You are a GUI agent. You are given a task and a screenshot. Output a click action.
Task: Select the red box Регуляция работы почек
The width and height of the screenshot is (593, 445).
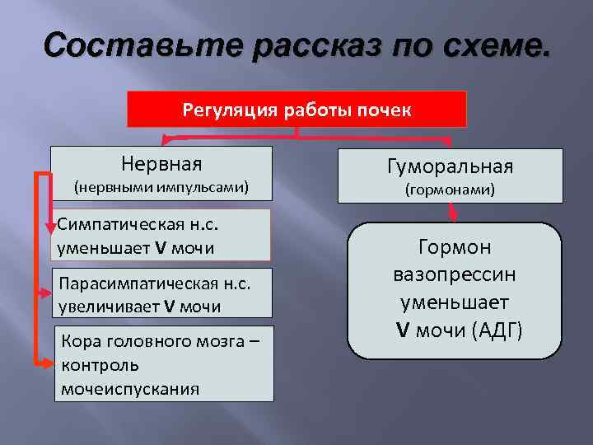[296, 110]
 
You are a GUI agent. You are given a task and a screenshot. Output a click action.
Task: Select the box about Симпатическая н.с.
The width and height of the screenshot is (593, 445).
[163, 235]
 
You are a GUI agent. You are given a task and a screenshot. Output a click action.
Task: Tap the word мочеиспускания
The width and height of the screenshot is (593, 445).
[128, 388]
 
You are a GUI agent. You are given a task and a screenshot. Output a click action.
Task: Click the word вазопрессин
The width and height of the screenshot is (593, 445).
[455, 275]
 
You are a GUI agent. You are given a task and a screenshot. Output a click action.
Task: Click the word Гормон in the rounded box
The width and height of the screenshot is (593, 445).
[455, 247]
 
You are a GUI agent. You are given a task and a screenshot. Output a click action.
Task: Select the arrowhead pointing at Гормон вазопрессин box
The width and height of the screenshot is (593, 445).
[452, 216]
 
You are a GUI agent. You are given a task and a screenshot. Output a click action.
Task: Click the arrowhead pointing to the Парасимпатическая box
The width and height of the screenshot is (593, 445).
[46, 290]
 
